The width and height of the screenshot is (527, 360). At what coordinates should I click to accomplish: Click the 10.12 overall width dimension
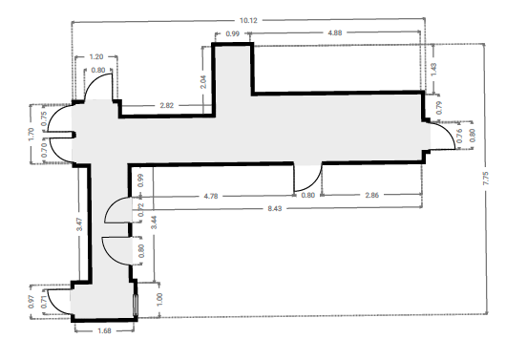click(x=248, y=20)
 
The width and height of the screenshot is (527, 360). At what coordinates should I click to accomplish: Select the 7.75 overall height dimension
click(x=486, y=179)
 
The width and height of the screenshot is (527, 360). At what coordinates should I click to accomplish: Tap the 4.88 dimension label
click(x=335, y=32)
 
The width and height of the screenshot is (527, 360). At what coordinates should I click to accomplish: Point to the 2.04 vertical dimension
click(x=203, y=82)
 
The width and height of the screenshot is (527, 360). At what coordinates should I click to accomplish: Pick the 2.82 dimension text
click(x=167, y=105)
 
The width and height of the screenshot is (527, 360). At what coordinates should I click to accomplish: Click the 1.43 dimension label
click(x=433, y=70)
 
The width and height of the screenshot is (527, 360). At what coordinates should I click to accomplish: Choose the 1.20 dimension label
click(x=96, y=56)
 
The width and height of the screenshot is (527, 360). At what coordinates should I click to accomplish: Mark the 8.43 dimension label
click(x=275, y=209)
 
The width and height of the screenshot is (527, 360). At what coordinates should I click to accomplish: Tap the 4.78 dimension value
click(x=211, y=196)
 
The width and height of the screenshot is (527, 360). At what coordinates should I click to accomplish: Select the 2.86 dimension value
click(x=372, y=195)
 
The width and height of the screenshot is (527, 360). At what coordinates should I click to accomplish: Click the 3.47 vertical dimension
click(x=79, y=224)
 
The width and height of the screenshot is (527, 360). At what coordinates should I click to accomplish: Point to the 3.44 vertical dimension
click(x=154, y=222)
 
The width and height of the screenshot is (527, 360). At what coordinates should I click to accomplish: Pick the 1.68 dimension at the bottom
click(x=104, y=330)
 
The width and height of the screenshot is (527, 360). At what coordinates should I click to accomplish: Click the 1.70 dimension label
click(x=32, y=134)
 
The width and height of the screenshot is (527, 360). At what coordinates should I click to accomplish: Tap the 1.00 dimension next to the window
click(x=159, y=299)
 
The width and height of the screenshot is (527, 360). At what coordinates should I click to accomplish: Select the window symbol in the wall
click(x=136, y=306)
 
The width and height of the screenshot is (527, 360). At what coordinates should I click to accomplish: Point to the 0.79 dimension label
click(x=439, y=108)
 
